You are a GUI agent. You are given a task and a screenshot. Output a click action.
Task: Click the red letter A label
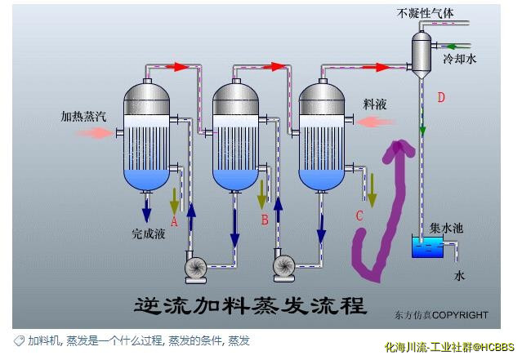[x=173, y=220]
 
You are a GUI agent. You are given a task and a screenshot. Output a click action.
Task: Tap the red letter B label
[x=264, y=220]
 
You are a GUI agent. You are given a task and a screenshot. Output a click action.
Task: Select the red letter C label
[x=359, y=216]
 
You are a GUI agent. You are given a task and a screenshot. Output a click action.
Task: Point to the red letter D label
[x=441, y=98]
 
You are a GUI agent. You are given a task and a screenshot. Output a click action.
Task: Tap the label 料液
[x=375, y=105]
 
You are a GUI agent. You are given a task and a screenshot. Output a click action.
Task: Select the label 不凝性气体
[x=425, y=13]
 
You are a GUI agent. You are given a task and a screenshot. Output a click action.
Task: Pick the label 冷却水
[x=459, y=60]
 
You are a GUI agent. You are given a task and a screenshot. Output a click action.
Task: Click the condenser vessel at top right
[x=422, y=53]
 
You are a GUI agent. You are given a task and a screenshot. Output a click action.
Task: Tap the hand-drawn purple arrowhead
[x=400, y=149]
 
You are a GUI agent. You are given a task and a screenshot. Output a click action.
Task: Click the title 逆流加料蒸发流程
[x=250, y=305]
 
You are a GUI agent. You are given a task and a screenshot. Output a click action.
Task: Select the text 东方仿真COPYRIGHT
[x=440, y=315]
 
